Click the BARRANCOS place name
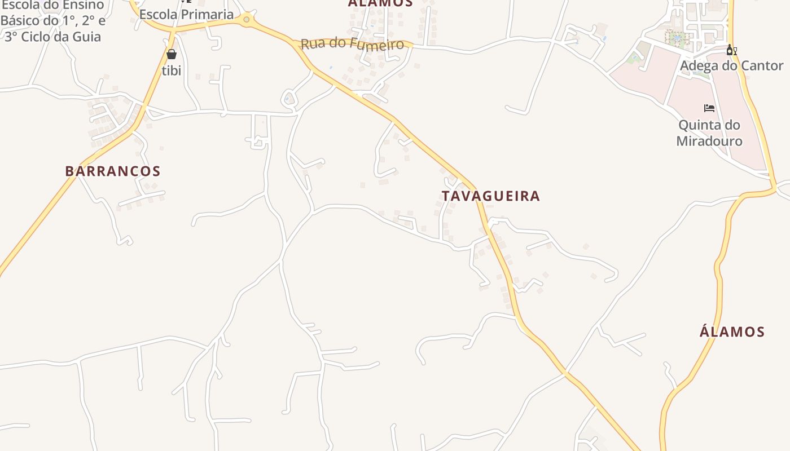click(x=113, y=171)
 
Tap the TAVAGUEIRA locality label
click(x=490, y=196)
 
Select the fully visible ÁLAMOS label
click(x=732, y=331)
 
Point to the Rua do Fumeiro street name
click(x=352, y=44)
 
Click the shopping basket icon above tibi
click(x=172, y=54)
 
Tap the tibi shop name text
click(x=172, y=70)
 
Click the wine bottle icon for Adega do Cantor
click(x=731, y=50)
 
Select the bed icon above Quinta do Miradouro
click(x=709, y=108)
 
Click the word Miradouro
click(x=709, y=141)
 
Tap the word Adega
click(x=700, y=66)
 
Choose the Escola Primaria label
click(x=186, y=15)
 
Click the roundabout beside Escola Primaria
click(x=246, y=20)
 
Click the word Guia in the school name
click(x=90, y=37)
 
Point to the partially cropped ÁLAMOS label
click(x=380, y=3)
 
